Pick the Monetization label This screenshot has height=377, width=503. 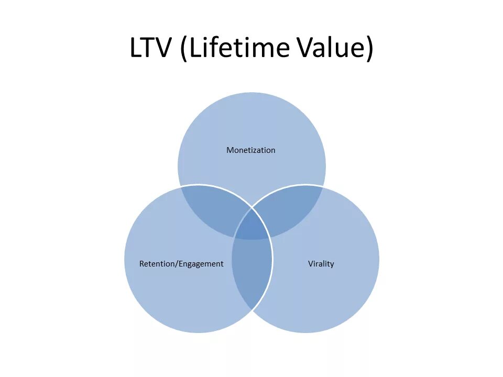[x=250, y=150]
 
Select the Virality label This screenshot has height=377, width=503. [x=321, y=263]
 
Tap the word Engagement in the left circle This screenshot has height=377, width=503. [x=201, y=264]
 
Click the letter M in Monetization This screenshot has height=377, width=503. [x=229, y=150]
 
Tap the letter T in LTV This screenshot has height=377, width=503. [x=149, y=48]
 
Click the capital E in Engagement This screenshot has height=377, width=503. [x=181, y=264]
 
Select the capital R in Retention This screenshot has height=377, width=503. [x=141, y=264]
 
